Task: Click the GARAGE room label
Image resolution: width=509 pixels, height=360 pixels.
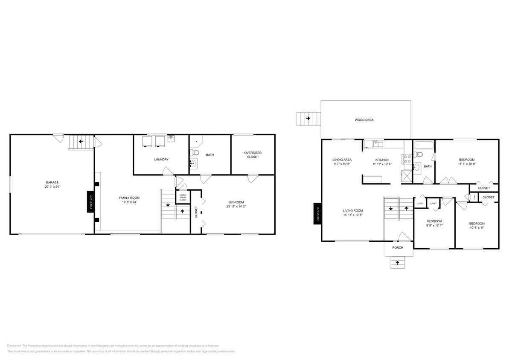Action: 52,182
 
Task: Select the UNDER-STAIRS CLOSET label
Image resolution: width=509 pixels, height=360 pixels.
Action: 183,197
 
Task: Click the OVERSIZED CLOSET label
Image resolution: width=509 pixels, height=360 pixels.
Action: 253,154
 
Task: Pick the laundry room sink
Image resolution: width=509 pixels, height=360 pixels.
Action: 171,138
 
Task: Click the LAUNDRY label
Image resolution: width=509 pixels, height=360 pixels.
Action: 161,160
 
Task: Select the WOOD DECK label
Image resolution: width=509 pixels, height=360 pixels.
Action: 364,120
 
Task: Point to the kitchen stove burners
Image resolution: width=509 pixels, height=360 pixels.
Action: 407,160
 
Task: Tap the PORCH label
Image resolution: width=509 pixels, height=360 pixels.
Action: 398,247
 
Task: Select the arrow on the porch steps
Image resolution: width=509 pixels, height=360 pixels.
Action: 398,263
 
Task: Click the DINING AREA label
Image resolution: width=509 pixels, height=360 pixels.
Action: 342,160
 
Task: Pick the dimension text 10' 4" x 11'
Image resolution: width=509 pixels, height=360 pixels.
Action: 477,228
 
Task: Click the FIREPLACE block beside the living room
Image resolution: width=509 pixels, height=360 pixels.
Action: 317,214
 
